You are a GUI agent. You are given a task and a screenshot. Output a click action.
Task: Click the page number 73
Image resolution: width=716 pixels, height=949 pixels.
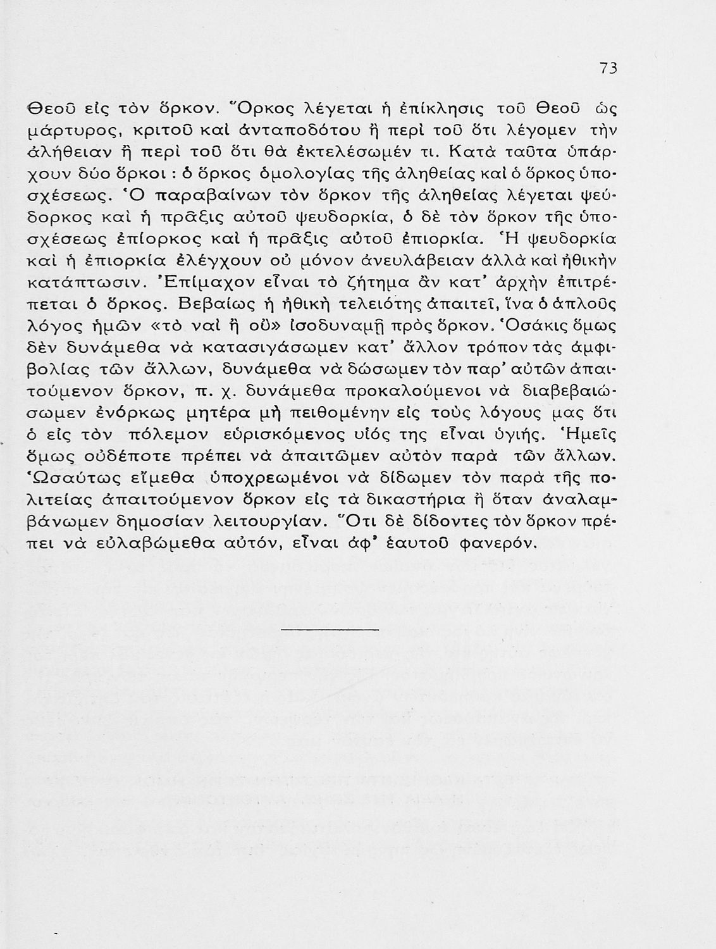(x=608, y=69)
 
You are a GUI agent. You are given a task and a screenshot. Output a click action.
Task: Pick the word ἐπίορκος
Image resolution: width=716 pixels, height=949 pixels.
(x=161, y=240)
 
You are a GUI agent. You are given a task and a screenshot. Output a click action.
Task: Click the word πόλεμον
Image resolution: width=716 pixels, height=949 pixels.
(x=163, y=437)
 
